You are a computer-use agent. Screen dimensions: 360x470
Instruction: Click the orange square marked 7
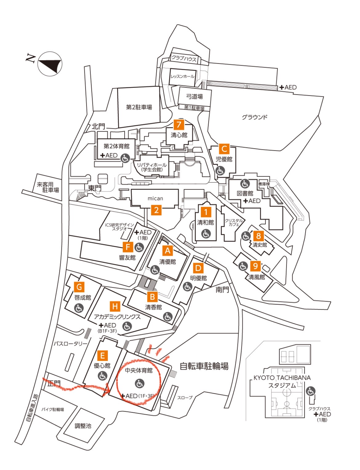(x=179, y=124)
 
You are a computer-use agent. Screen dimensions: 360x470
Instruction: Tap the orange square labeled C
(x=224, y=149)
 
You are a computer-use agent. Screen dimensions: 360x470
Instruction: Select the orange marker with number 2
(x=156, y=210)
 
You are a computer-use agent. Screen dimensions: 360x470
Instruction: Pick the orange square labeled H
(x=115, y=306)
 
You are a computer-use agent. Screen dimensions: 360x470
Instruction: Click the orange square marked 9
(x=256, y=266)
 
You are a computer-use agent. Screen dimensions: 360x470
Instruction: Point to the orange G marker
(x=79, y=287)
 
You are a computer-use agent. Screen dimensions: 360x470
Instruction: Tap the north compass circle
(x=50, y=64)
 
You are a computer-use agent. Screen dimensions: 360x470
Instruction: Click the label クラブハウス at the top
(x=184, y=59)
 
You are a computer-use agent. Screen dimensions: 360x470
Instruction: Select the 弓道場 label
(x=194, y=96)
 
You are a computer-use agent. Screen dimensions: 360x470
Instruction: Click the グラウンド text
(x=254, y=117)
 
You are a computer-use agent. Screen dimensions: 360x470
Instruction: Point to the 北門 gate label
(x=98, y=126)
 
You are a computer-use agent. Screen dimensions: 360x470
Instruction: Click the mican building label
(x=155, y=198)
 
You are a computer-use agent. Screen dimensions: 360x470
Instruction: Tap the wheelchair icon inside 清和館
(x=206, y=233)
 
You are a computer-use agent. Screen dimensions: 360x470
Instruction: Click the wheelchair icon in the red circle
(x=140, y=383)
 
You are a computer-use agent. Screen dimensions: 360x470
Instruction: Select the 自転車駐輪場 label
(x=204, y=367)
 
